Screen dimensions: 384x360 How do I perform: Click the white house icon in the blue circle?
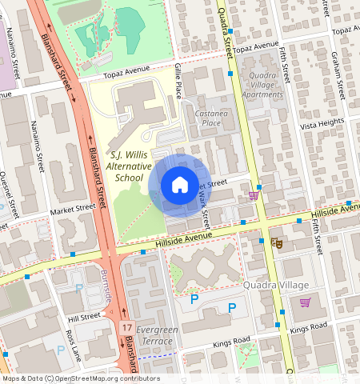click(x=179, y=185)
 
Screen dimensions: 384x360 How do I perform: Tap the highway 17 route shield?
click(x=126, y=327)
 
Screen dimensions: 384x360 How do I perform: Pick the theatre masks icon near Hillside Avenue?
click(x=278, y=242)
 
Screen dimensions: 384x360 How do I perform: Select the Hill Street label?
click(x=84, y=317)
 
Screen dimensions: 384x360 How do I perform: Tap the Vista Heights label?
click(x=321, y=125)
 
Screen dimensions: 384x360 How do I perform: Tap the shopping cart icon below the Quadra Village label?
click(x=305, y=302)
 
